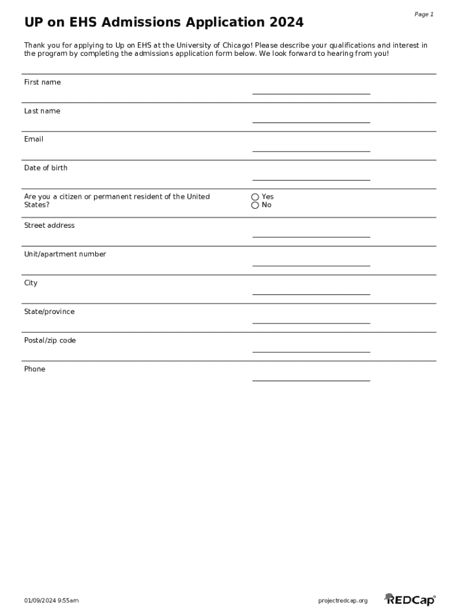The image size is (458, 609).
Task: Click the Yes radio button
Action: [255, 197]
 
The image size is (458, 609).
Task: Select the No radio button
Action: [255, 205]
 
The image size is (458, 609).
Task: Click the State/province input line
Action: [311, 321]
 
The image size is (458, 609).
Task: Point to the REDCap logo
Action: [410, 599]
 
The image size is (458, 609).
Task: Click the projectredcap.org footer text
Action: [343, 601]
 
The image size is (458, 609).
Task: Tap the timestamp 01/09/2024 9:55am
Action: [51, 601]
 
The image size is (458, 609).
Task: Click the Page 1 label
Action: [424, 14]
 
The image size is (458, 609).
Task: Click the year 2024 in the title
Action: [286, 23]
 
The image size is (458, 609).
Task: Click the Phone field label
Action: [34, 369]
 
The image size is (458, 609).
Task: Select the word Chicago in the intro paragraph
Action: [237, 45]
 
